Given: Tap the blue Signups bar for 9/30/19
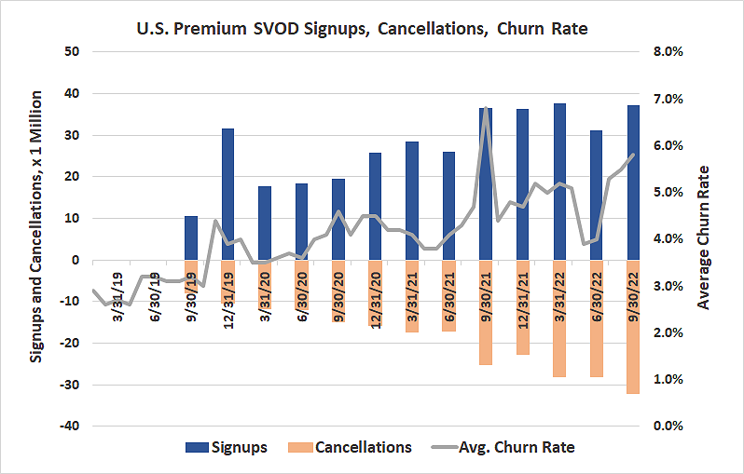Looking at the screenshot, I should [191, 237].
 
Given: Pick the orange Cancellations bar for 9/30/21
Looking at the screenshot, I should [486, 312].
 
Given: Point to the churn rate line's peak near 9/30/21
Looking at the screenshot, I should [486, 109].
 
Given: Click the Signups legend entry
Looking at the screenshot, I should [229, 447].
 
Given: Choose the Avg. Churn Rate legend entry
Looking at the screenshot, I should [509, 447].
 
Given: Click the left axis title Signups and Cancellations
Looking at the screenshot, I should [37, 226].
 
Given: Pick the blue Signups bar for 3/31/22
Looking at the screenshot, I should [559, 182].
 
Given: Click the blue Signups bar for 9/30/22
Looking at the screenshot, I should [633, 183].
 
